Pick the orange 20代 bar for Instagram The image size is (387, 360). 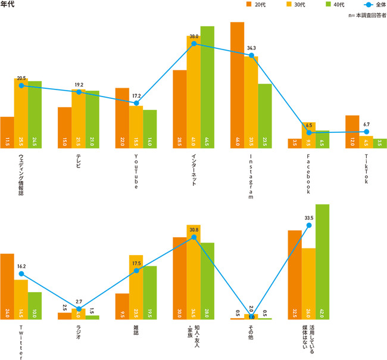[x=237, y=83]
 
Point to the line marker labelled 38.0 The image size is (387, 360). [x=193, y=44]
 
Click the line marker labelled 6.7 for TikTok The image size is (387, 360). [x=366, y=132]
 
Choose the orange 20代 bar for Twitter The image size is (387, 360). [x=7, y=286]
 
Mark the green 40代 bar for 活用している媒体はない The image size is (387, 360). [x=323, y=262]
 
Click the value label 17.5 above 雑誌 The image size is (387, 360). [x=136, y=263]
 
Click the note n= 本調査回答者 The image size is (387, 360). [x=367, y=15]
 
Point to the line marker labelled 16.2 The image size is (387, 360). [x=21, y=274]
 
